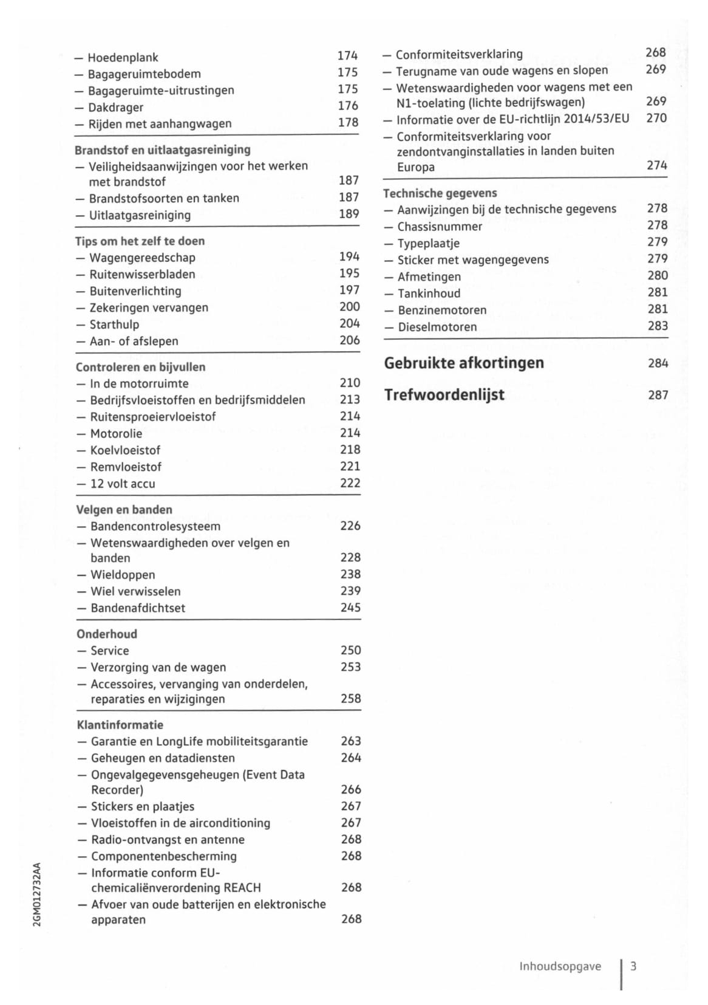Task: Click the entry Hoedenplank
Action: click(x=123, y=58)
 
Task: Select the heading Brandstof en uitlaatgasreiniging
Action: click(x=162, y=149)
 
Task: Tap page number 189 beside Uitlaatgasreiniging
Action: click(x=349, y=214)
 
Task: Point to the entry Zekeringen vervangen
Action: click(x=149, y=308)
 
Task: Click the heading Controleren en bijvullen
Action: click(x=140, y=367)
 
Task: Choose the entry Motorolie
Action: click(x=116, y=434)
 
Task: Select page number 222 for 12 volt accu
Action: click(x=350, y=484)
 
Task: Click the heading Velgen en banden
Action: click(x=124, y=510)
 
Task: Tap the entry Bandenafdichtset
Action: click(x=138, y=608)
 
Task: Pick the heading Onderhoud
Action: click(x=107, y=634)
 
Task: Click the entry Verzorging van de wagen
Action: click(x=158, y=668)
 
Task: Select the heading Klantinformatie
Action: click(x=120, y=725)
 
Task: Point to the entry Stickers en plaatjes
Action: click(x=143, y=807)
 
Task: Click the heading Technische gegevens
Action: click(x=440, y=193)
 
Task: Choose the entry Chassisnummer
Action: click(x=440, y=227)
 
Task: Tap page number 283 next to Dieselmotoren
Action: click(x=657, y=326)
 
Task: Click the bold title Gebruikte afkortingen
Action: click(x=464, y=363)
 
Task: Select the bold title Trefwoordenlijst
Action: click(x=444, y=395)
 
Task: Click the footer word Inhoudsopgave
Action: click(x=560, y=967)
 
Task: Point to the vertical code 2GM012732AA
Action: click(x=37, y=894)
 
